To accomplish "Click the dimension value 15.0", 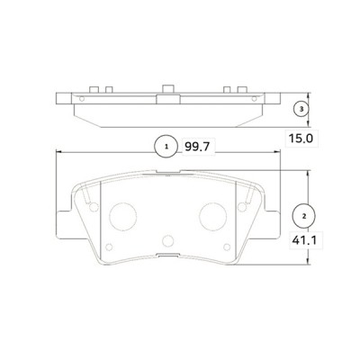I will (x=300, y=139).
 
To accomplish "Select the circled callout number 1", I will (x=165, y=145).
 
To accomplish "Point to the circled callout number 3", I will (x=303, y=109).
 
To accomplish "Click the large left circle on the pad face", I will (x=121, y=215).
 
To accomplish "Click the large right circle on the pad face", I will (x=213, y=215).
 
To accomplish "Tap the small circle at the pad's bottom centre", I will (x=167, y=241).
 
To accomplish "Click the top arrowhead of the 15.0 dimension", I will (x=309, y=94).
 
